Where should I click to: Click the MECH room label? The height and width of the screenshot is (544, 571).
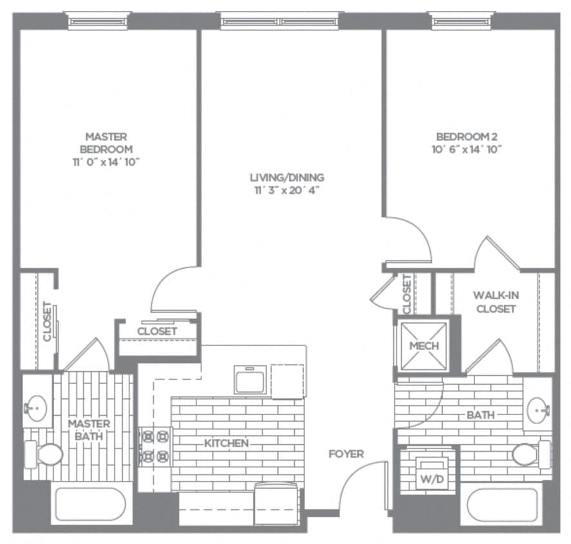click(x=424, y=346)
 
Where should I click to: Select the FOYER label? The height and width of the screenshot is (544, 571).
click(x=346, y=454)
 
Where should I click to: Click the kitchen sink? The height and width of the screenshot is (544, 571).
click(x=250, y=379)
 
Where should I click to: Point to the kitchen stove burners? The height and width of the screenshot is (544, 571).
click(x=155, y=447)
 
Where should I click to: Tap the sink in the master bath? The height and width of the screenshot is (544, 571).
click(x=36, y=408)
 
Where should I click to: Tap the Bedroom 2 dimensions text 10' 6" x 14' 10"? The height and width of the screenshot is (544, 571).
click(x=467, y=149)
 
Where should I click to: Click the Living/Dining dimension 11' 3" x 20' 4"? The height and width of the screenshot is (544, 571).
click(x=287, y=189)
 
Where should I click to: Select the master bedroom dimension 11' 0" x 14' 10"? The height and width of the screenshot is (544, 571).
click(x=106, y=162)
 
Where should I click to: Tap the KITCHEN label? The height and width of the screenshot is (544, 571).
click(x=226, y=443)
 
